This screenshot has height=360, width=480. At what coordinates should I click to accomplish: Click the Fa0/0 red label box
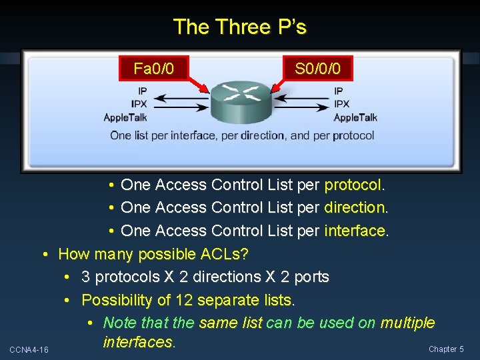point(154,68)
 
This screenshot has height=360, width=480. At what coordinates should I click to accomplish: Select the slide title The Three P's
point(239,27)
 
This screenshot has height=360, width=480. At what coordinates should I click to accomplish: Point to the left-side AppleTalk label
point(125,118)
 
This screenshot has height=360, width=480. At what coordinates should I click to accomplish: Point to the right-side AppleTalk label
point(355,118)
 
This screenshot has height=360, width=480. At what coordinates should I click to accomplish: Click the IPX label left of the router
point(139,104)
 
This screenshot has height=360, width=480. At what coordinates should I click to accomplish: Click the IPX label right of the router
point(341,104)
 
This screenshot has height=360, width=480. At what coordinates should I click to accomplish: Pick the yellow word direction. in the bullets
point(356,207)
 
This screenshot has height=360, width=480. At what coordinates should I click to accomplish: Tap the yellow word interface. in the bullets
point(356,231)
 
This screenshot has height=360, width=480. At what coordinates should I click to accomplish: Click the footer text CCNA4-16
point(29,350)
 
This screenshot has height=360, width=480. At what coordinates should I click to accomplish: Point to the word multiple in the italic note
point(407,323)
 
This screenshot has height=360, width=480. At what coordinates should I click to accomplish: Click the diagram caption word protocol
point(354,135)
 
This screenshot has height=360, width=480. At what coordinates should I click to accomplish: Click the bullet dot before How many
point(45,254)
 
